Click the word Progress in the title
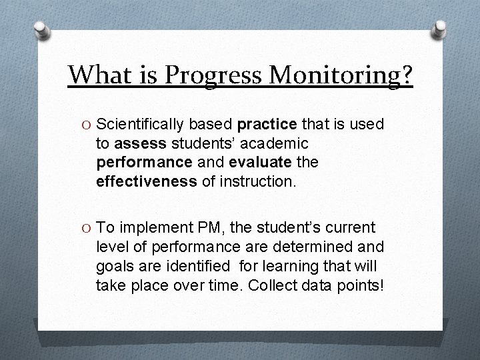pos(213,76)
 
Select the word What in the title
pos(99,76)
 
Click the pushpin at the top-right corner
pos(439,29)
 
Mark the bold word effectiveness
pos(147,181)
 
